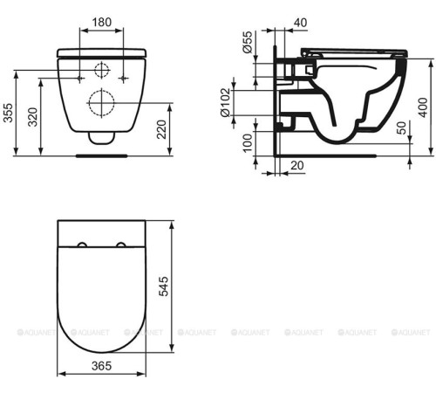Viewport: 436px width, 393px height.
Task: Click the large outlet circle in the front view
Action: [100, 104]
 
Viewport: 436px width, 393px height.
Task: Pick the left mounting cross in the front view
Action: [81, 78]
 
